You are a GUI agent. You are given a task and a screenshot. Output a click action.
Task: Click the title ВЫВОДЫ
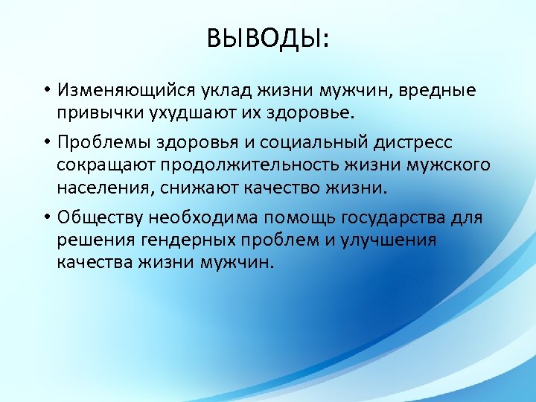point(267,37)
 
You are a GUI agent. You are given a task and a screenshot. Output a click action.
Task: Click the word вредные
point(438,90)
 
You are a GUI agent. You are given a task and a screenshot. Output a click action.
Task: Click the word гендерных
point(195,241)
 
